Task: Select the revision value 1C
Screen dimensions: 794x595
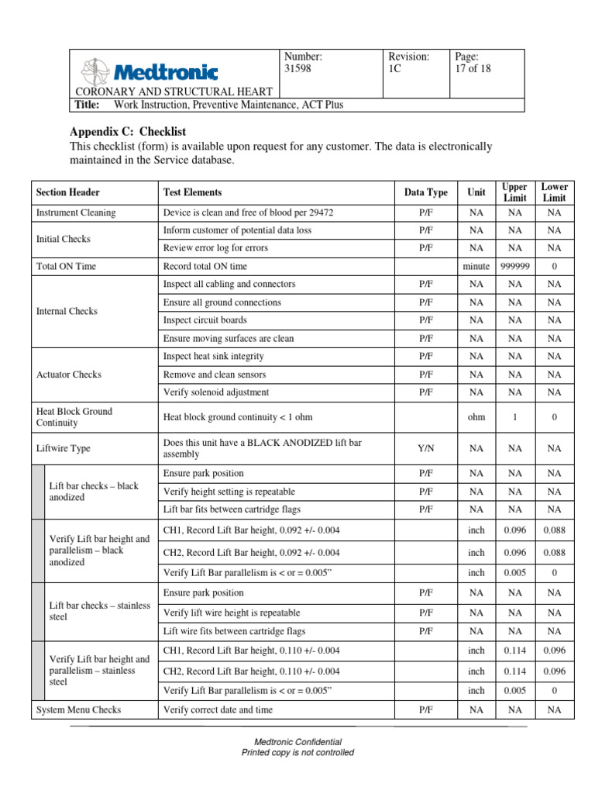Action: pyautogui.click(x=394, y=69)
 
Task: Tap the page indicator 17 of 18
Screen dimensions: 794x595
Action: pyautogui.click(x=473, y=69)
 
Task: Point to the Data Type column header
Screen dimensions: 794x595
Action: pyautogui.click(x=425, y=192)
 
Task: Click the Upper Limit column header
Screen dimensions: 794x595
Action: pyautogui.click(x=514, y=192)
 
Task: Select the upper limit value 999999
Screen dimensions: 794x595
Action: pyautogui.click(x=514, y=266)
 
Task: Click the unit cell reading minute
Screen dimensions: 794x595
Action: pyautogui.click(x=476, y=266)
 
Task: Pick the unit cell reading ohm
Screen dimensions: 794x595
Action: pyautogui.click(x=476, y=417)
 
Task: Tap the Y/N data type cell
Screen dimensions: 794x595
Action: pyautogui.click(x=425, y=448)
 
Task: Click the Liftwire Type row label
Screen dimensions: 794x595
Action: pyautogui.click(x=64, y=448)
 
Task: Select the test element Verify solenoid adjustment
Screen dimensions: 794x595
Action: pyautogui.click(x=216, y=392)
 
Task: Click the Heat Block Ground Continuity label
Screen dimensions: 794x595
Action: pyautogui.click(x=74, y=417)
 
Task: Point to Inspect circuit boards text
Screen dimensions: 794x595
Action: pyautogui.click(x=205, y=320)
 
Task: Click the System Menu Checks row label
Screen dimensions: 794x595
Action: pyautogui.click(x=79, y=709)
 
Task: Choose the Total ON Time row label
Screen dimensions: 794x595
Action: pyautogui.click(x=67, y=266)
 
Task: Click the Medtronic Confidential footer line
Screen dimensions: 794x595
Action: pyautogui.click(x=298, y=742)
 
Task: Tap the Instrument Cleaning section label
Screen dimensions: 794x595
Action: pyautogui.click(x=76, y=212)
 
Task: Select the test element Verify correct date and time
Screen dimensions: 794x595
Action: pyautogui.click(x=218, y=709)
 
